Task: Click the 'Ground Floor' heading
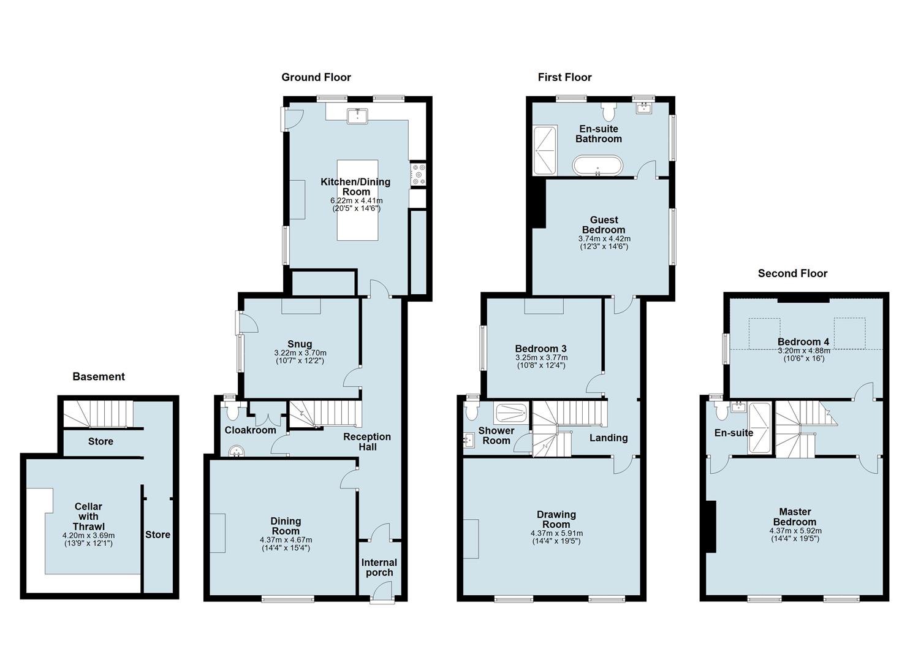pyautogui.click(x=316, y=77)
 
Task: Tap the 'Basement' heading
pyautogui.click(x=99, y=376)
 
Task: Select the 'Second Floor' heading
pyautogui.click(x=792, y=273)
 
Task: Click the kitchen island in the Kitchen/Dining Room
pyautogui.click(x=357, y=200)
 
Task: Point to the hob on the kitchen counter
pyautogui.click(x=419, y=174)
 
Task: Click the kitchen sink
pyautogui.click(x=356, y=115)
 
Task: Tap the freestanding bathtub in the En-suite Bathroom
pyautogui.click(x=597, y=165)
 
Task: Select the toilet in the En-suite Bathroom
pyautogui.click(x=609, y=112)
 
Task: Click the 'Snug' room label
pyautogui.click(x=300, y=344)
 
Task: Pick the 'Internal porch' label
pyautogui.click(x=379, y=568)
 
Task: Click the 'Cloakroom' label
pyautogui.click(x=250, y=430)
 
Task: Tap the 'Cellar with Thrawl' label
pyautogui.click(x=88, y=516)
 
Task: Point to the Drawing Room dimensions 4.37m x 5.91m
pyautogui.click(x=556, y=533)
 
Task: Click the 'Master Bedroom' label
pyautogui.click(x=795, y=517)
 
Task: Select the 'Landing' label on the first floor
pyautogui.click(x=609, y=438)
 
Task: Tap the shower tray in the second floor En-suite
pyautogui.click(x=760, y=428)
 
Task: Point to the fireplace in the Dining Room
pyautogui.click(x=217, y=533)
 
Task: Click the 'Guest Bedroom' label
pyautogui.click(x=604, y=225)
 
